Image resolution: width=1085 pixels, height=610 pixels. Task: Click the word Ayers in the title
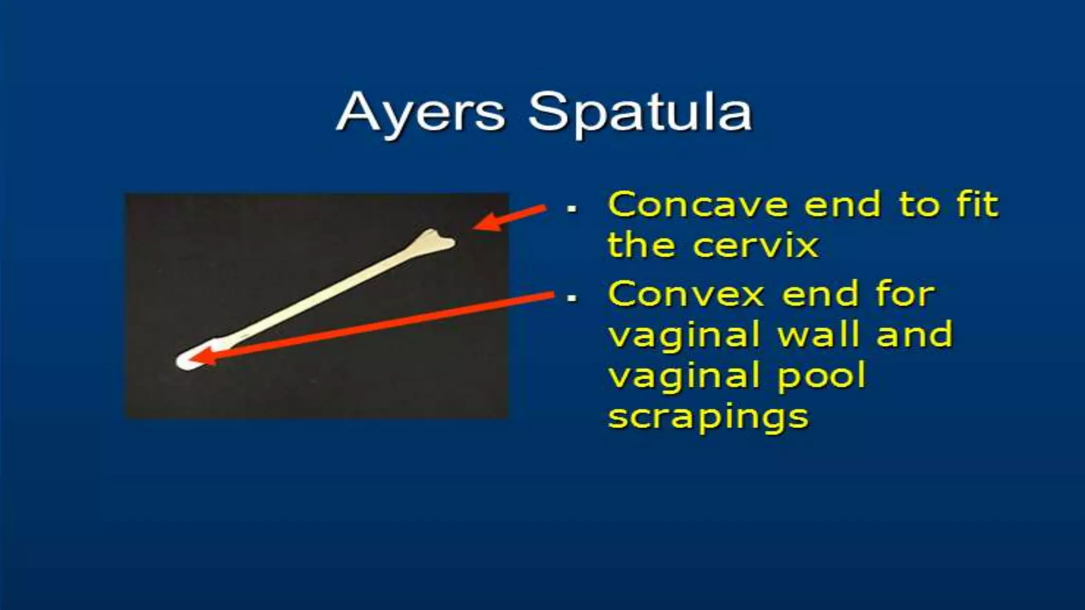pyautogui.click(x=421, y=113)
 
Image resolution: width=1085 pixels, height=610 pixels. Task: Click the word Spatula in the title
pyautogui.click(x=640, y=113)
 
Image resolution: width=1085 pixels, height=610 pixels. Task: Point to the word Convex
pyautogui.click(x=686, y=294)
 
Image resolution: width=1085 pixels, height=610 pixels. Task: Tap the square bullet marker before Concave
pyautogui.click(x=572, y=209)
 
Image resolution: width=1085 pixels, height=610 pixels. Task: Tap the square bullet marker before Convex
pyautogui.click(x=572, y=298)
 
